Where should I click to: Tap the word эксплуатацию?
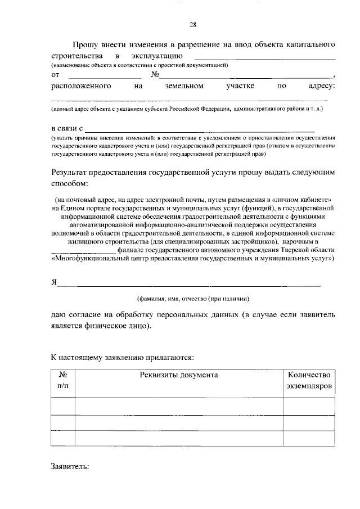[155, 56]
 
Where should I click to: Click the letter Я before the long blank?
[54, 282]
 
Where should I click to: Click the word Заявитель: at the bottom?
[70, 466]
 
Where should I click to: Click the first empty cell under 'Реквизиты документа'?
[178, 406]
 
